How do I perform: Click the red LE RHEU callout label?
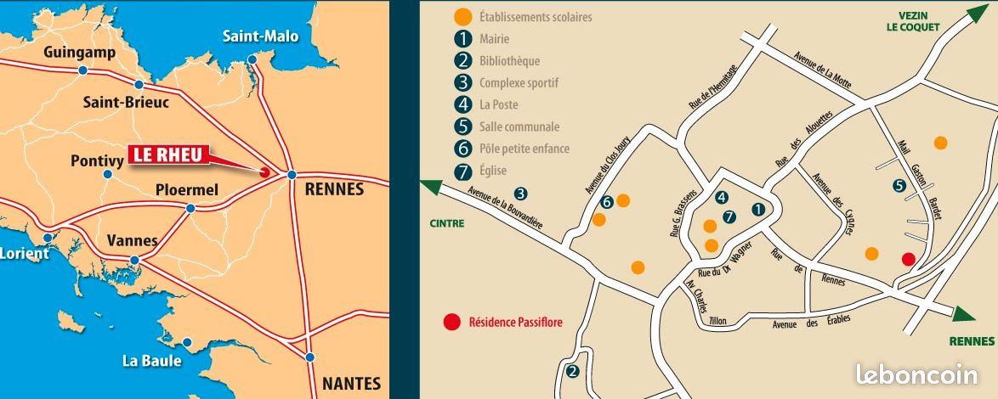click(x=167, y=155)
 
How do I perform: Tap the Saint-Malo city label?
click(x=260, y=36)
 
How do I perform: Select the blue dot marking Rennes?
click(x=291, y=175)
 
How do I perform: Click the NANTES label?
click(x=351, y=383)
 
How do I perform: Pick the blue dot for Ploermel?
click(x=190, y=208)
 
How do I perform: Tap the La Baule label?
click(x=152, y=361)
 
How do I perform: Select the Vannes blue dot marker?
click(x=134, y=261)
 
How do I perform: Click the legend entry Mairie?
click(x=494, y=39)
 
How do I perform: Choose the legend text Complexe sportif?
click(x=519, y=83)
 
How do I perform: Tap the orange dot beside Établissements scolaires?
click(x=462, y=16)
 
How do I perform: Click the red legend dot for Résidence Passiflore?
click(x=452, y=322)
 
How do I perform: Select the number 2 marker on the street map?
click(x=572, y=371)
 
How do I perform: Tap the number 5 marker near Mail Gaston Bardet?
click(x=899, y=186)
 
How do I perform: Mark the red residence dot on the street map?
click(x=908, y=259)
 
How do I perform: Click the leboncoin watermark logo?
click(x=916, y=374)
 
